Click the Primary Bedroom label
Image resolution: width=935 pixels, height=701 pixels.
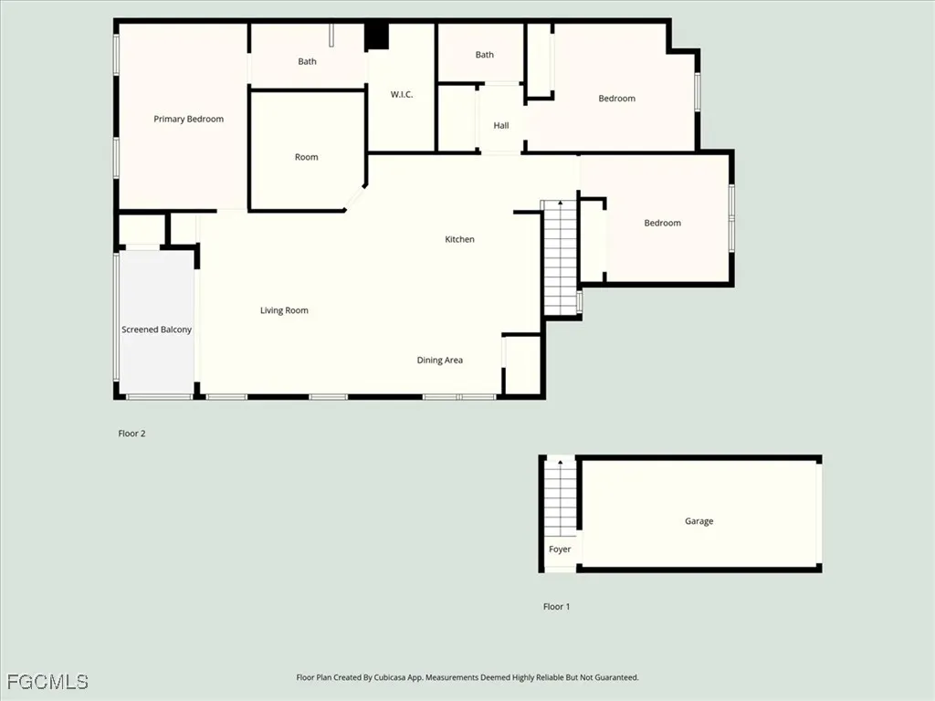(188, 120)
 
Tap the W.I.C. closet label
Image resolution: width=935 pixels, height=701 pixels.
(402, 95)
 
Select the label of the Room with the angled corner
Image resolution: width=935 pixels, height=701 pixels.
(306, 157)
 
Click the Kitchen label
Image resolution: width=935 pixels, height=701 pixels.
(459, 239)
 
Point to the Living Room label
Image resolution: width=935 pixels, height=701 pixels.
(284, 310)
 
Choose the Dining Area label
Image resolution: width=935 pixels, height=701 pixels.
(439, 361)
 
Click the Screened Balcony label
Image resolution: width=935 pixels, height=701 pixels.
(156, 330)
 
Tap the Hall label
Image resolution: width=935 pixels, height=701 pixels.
(500, 126)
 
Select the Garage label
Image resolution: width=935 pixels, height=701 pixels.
(699, 521)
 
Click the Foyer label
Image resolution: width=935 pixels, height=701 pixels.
(559, 549)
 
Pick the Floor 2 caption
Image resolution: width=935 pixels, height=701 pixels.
(131, 434)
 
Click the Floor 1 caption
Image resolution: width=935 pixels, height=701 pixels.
(556, 607)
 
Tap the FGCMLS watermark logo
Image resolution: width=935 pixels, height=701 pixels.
(47, 682)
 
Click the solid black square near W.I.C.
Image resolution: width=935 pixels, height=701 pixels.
(376, 37)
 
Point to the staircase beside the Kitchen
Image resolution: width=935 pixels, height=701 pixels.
(559, 257)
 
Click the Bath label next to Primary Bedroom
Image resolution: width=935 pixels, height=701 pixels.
(307, 62)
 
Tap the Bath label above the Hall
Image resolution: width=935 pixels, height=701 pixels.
(484, 55)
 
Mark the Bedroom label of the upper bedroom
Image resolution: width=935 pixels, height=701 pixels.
(616, 99)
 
